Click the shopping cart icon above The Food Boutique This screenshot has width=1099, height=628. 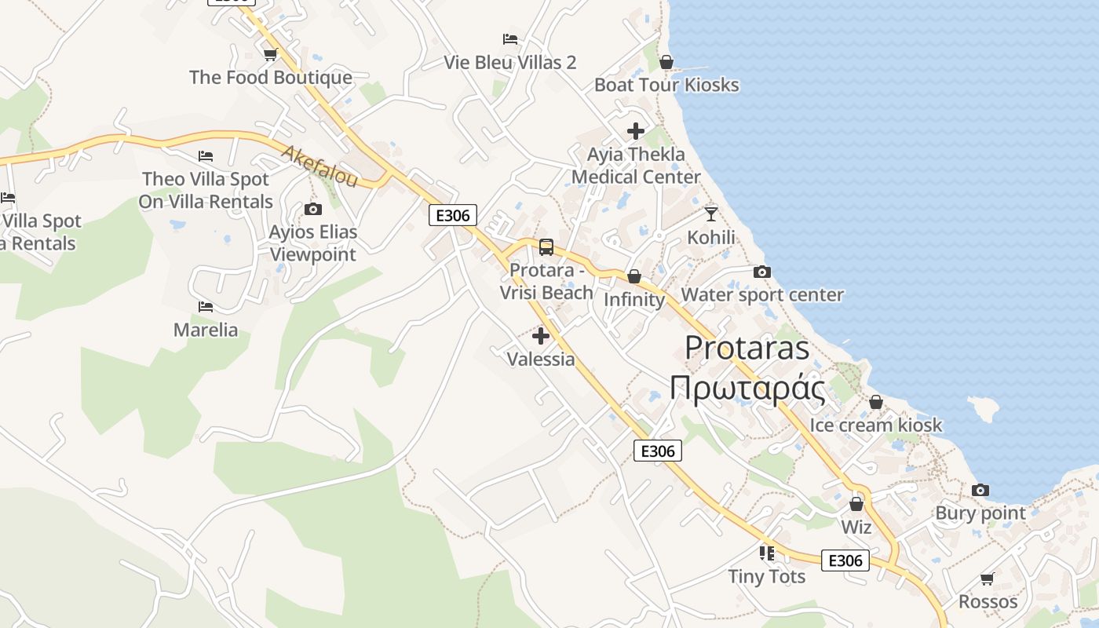point(271,54)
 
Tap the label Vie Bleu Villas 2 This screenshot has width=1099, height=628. point(510,62)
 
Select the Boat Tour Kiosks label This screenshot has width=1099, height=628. point(666,85)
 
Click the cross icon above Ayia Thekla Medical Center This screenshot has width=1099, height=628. point(636,131)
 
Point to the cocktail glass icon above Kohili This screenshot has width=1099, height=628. point(711,214)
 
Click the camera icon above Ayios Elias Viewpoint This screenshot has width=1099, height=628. point(313,209)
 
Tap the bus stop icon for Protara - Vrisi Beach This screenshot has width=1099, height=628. point(546,247)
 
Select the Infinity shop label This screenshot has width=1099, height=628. point(634,300)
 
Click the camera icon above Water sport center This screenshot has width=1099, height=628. point(761,272)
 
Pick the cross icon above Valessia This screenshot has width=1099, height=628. point(541,337)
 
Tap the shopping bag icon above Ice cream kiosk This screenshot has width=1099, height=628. point(876,403)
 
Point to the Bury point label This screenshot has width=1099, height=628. point(980,513)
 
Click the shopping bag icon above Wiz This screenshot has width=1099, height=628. point(856,504)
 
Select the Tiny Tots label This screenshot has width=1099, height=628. point(766,576)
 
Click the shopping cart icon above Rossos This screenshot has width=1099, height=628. point(988,579)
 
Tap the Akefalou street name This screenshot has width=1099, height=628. point(319,166)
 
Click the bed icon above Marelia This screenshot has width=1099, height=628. point(206,306)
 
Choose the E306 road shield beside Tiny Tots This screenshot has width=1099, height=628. point(845,560)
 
